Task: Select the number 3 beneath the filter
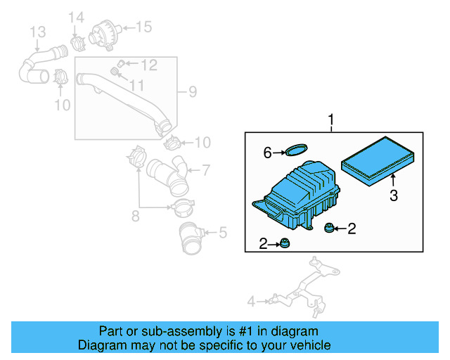tap(394, 195)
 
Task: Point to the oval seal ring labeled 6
tap(296, 149)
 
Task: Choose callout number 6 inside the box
tap(268, 152)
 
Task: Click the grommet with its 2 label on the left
tap(285, 244)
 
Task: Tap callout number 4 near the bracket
tap(251, 302)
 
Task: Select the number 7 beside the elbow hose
tap(206, 169)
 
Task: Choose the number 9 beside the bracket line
tap(192, 91)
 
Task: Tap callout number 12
tap(149, 65)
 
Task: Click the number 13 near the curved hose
tap(37, 32)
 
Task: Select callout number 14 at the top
tap(75, 17)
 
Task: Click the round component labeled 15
tap(105, 31)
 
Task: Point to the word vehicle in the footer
tap(309, 345)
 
